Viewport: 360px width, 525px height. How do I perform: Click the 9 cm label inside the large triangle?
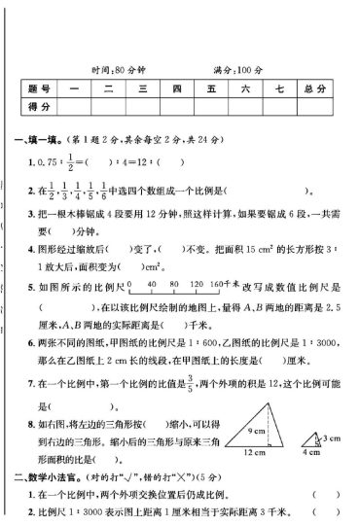[257, 402]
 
